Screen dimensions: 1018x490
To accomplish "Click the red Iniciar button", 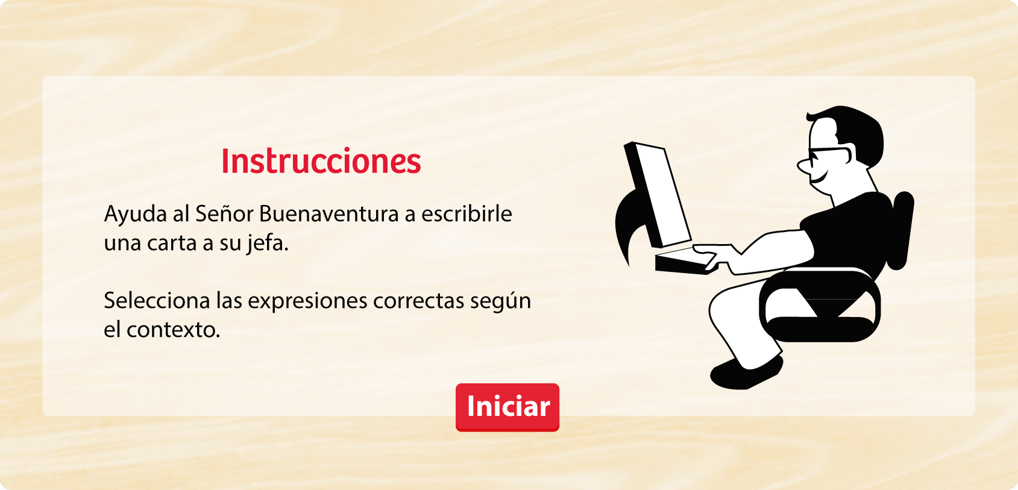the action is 507,407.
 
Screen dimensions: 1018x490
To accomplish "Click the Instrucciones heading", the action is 321,161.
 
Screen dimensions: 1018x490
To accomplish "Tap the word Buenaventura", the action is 328,213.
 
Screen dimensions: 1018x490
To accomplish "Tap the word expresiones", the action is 307,301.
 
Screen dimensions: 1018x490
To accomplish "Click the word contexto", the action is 173,330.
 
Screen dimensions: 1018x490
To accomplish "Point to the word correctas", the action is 418,301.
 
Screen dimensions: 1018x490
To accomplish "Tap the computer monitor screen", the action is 662,195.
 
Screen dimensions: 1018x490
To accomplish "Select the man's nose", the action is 803,166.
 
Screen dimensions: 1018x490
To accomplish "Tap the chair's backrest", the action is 900,230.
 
